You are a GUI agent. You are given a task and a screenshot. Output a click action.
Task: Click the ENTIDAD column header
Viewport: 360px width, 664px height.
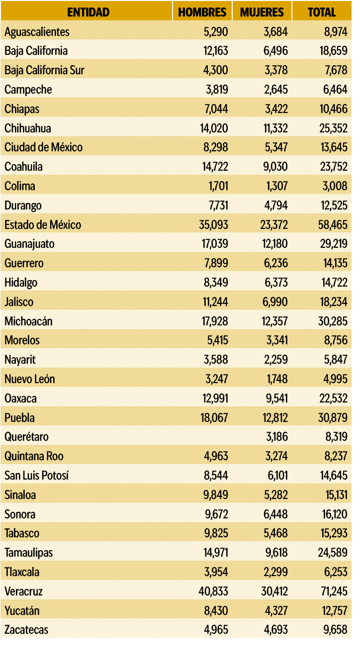[x=88, y=12]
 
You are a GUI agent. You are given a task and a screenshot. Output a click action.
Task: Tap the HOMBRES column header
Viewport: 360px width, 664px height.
[x=202, y=12]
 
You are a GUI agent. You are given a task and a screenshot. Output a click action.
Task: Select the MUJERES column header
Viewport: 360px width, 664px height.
[x=262, y=12]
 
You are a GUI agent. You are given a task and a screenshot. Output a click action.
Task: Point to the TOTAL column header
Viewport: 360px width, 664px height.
[x=322, y=12]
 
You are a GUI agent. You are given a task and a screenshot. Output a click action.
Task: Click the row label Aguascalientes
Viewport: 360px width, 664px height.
[x=37, y=32]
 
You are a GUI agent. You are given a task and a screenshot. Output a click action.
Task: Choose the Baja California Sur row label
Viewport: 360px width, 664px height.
[x=44, y=70]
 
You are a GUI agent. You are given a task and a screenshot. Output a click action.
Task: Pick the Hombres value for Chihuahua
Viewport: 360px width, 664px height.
[x=214, y=128]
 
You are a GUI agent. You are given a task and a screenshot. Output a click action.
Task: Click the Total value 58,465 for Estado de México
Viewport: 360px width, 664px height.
[x=333, y=225]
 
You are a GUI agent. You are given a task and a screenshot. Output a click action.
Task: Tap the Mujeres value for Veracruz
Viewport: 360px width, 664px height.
[x=273, y=591]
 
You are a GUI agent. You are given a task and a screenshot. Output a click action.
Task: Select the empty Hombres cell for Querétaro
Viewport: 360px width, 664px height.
[x=202, y=437]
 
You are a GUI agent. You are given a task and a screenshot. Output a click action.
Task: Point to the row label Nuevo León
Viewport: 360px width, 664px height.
[x=30, y=379]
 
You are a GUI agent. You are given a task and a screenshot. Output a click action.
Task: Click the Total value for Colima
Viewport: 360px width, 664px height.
[x=337, y=186]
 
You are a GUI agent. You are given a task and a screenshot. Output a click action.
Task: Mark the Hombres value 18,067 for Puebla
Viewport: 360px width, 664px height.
[x=214, y=418]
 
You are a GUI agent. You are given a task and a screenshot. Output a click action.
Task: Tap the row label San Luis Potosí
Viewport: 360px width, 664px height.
[x=36, y=475]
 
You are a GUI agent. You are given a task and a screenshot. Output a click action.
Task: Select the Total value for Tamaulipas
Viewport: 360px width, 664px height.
[x=333, y=553]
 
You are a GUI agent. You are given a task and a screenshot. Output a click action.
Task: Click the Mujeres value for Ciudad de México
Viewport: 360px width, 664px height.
[x=275, y=147]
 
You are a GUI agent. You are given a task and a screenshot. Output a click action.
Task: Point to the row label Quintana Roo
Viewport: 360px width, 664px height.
[x=34, y=456]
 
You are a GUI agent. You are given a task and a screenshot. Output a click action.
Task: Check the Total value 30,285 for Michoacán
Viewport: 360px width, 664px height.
[x=333, y=321]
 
